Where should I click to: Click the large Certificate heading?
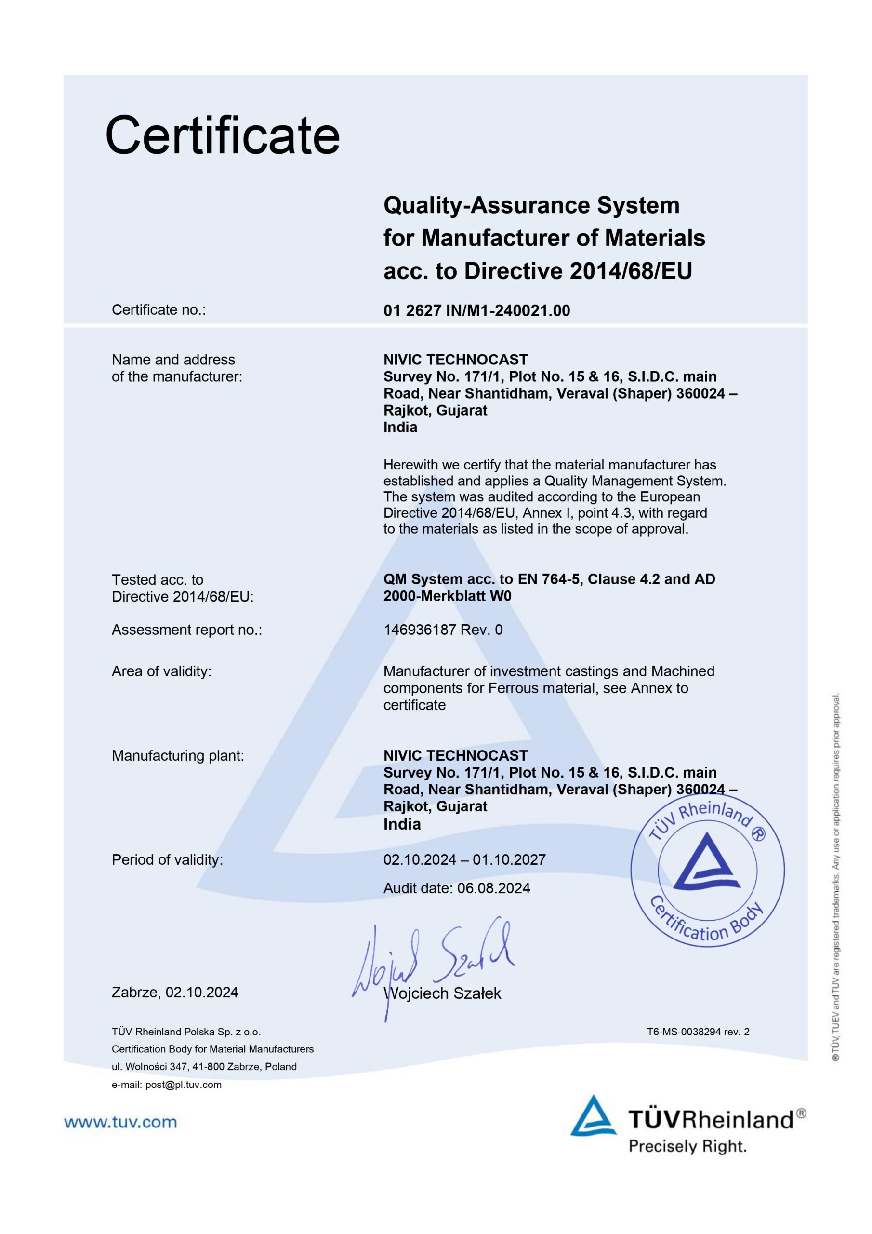(x=223, y=135)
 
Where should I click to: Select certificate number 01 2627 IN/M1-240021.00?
(x=476, y=310)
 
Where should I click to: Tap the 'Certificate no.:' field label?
(x=159, y=310)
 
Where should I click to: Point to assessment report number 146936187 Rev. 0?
(x=443, y=630)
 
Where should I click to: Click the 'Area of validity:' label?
(x=161, y=671)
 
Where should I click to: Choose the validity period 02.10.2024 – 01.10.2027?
(x=464, y=859)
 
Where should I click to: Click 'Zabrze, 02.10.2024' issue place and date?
(x=174, y=992)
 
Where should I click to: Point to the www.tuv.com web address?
(x=120, y=1122)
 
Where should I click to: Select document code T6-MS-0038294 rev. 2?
(x=698, y=1032)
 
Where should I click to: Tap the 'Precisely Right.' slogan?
(x=687, y=1146)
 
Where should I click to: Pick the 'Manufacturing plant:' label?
(x=177, y=756)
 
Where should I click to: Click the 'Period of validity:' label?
(x=167, y=860)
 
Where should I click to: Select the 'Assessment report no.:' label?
(x=186, y=630)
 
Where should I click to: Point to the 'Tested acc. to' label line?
(x=158, y=580)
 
